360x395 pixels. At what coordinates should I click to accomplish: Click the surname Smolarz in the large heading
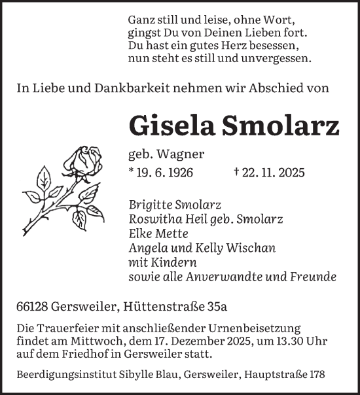pos(283,126)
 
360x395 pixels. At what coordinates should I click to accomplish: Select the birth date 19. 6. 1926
pos(167,173)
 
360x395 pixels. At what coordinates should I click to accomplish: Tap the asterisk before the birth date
pos(132,173)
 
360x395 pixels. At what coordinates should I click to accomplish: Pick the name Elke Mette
pos(158,233)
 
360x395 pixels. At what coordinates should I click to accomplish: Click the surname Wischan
pos(253,248)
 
